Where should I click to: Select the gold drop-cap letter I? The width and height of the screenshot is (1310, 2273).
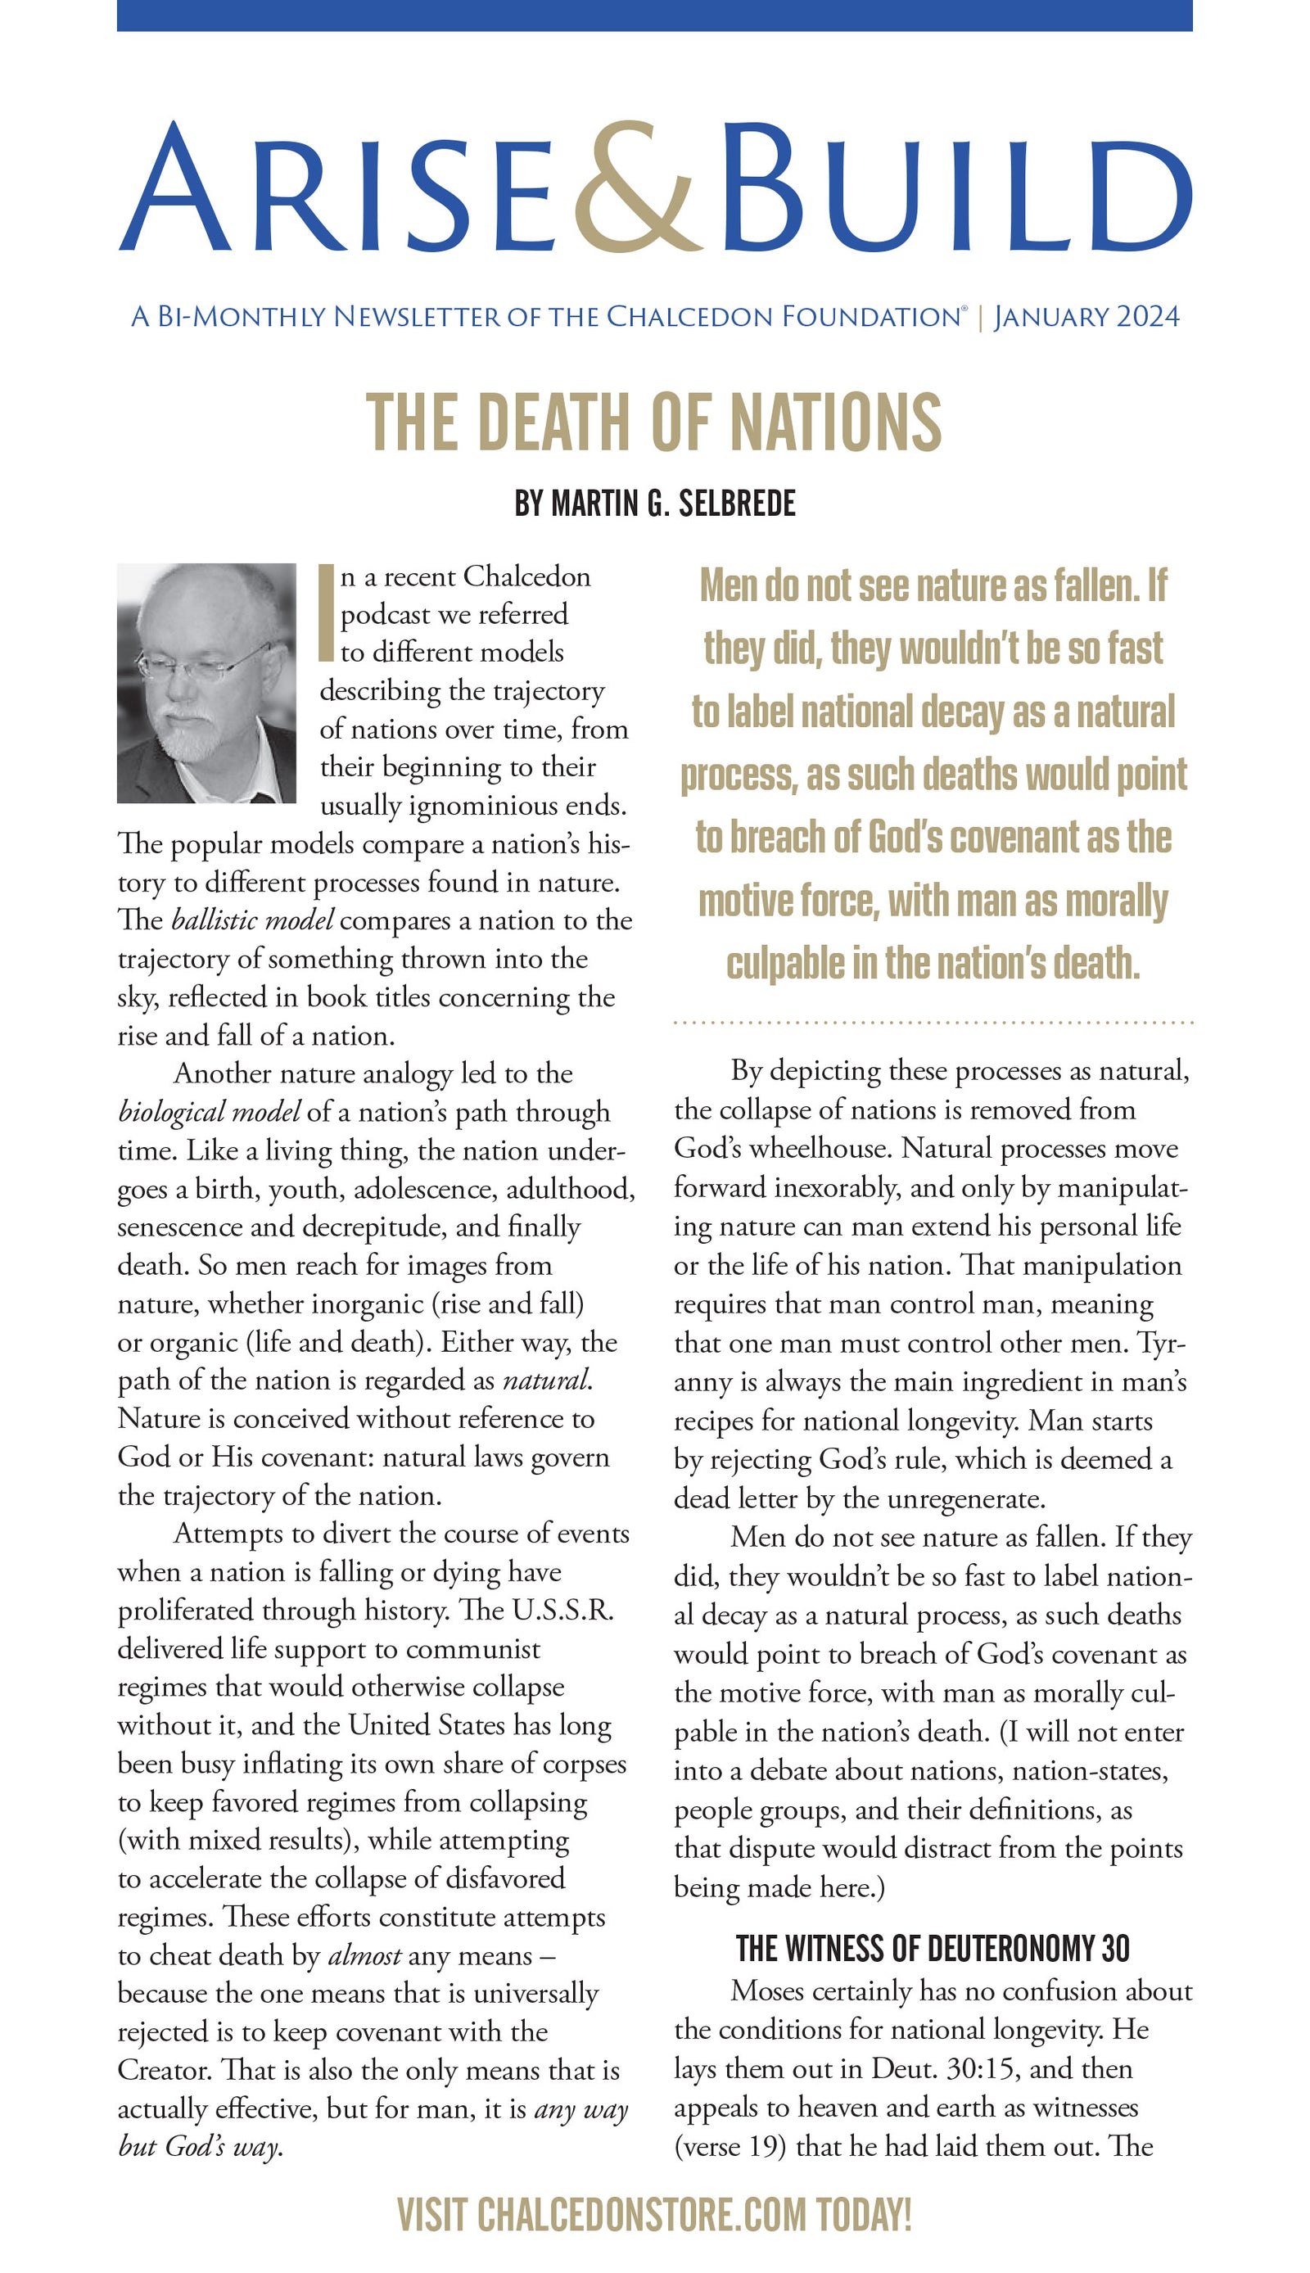(x=327, y=613)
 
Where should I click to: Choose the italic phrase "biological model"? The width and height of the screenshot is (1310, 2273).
(x=209, y=1112)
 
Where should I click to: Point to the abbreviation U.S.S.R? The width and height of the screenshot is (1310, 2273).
(x=563, y=1610)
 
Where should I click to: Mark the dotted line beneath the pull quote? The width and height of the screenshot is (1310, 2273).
(x=933, y=1023)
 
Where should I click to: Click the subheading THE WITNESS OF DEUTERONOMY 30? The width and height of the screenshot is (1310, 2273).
(x=933, y=1950)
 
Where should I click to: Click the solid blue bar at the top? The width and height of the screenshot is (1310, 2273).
(x=654, y=16)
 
